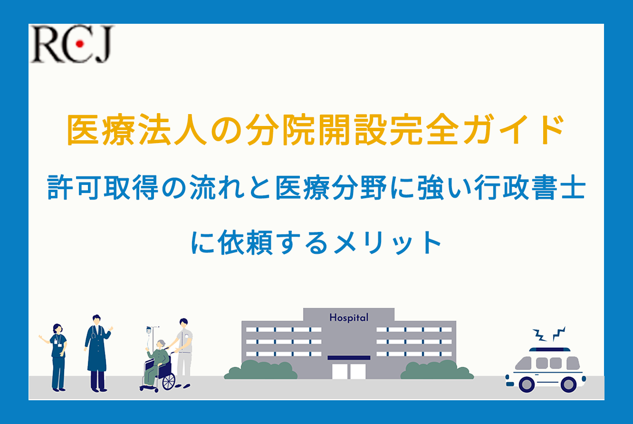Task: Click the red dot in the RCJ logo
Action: coord(80,44)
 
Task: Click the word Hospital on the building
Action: coord(349,318)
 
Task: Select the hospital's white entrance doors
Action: coord(349,371)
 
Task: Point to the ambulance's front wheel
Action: coord(527,384)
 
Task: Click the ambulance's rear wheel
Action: coord(568,384)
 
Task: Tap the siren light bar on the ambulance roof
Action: coord(550,349)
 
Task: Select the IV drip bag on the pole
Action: coord(149,329)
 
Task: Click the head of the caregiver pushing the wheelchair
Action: coord(184,323)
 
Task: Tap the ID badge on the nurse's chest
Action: coord(56,342)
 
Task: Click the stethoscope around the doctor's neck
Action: coord(97,331)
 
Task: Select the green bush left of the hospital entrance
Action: coord(260,370)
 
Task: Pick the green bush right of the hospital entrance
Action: coord(437,370)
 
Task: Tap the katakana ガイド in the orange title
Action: coord(513,130)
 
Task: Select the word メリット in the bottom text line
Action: coord(388,242)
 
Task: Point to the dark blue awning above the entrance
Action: coord(349,358)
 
